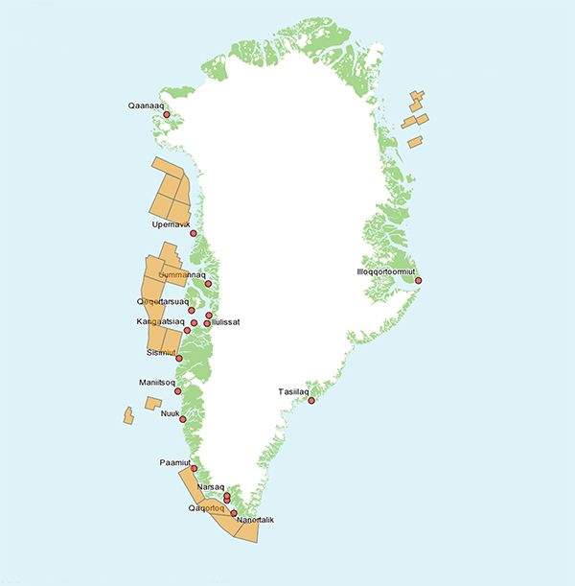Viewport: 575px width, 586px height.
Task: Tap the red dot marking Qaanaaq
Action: [x=167, y=115]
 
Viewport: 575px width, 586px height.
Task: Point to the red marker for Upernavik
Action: [x=194, y=233]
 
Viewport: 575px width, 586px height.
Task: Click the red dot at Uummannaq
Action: [x=208, y=285]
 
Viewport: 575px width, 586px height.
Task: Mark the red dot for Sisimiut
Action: [x=179, y=359]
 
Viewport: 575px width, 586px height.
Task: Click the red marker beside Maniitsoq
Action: [x=177, y=391]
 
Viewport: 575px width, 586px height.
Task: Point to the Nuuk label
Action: [x=171, y=413]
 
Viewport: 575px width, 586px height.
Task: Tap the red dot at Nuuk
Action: [x=183, y=418]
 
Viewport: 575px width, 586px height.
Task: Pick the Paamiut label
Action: [x=175, y=461]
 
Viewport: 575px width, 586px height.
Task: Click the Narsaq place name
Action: [x=210, y=487]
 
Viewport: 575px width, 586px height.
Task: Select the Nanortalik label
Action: [x=254, y=520]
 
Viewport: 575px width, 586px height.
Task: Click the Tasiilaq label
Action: [x=293, y=391]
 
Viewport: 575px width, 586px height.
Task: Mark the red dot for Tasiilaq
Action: [x=311, y=401]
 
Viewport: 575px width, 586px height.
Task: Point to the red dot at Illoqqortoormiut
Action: [x=418, y=280]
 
